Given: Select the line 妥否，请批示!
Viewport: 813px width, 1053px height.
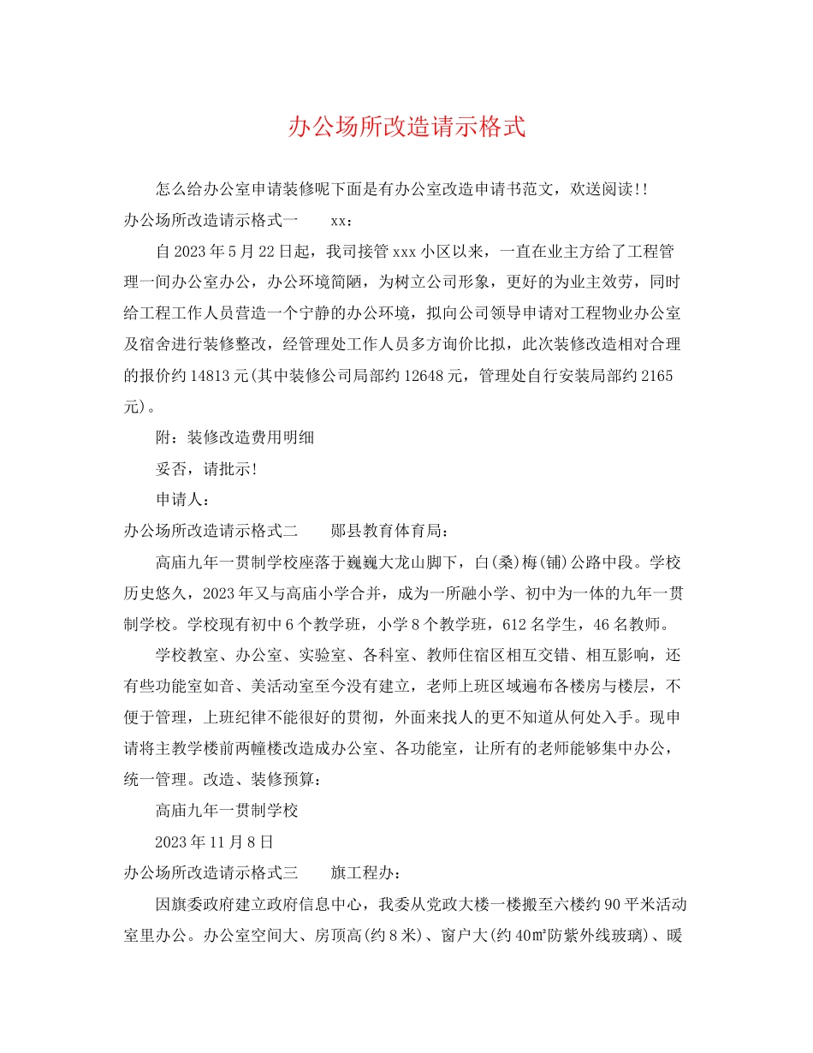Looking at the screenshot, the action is (x=206, y=469).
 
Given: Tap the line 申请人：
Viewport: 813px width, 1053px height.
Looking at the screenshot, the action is (x=182, y=500).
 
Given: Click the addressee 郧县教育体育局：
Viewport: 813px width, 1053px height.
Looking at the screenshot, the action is (x=389, y=531).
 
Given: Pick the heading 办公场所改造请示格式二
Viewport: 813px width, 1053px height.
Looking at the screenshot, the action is (x=211, y=531).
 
